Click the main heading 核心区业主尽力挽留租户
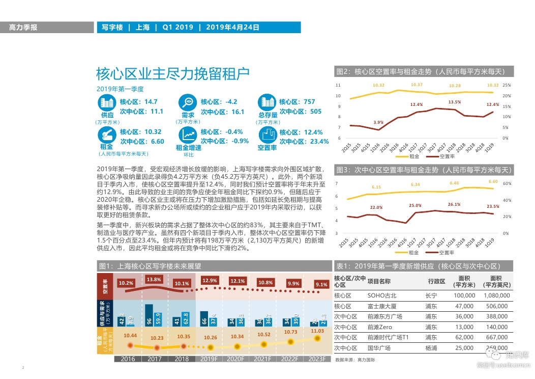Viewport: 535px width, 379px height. (172, 74)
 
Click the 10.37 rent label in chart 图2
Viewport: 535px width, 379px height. (417, 85)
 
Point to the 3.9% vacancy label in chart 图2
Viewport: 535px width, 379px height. (378, 122)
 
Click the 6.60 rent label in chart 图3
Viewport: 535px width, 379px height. (493, 182)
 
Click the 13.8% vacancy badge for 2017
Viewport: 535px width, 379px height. (154, 280)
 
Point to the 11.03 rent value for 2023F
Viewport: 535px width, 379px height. (317, 331)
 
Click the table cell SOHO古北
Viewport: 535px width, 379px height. (381, 295)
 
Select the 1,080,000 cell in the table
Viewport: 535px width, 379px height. (493, 295)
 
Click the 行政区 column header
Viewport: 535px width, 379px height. (436, 281)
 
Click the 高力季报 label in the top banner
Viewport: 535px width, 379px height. (23, 28)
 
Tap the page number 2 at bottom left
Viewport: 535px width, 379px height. (23, 367)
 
